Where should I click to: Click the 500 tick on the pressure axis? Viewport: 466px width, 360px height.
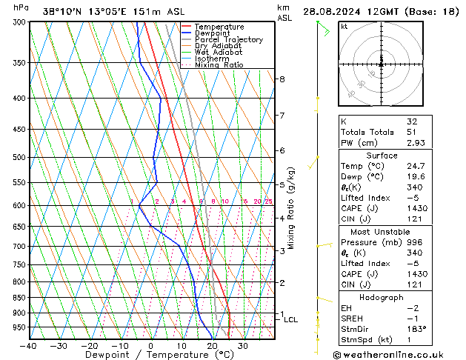click(19, 157)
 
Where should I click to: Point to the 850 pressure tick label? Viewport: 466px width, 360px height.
click(19, 298)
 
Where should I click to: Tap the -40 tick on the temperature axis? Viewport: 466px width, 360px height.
click(29, 345)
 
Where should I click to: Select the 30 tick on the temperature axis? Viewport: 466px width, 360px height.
click(243, 345)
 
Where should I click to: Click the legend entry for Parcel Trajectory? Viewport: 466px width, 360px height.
click(228, 40)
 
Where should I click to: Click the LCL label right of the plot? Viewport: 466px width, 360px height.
click(291, 320)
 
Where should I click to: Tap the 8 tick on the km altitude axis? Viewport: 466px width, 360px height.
click(282, 79)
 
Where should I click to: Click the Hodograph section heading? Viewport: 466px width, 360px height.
click(382, 297)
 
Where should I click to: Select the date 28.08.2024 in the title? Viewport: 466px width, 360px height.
click(335, 12)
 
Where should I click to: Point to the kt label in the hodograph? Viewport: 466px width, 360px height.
click(344, 26)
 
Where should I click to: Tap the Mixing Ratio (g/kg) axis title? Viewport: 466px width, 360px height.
click(293, 208)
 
